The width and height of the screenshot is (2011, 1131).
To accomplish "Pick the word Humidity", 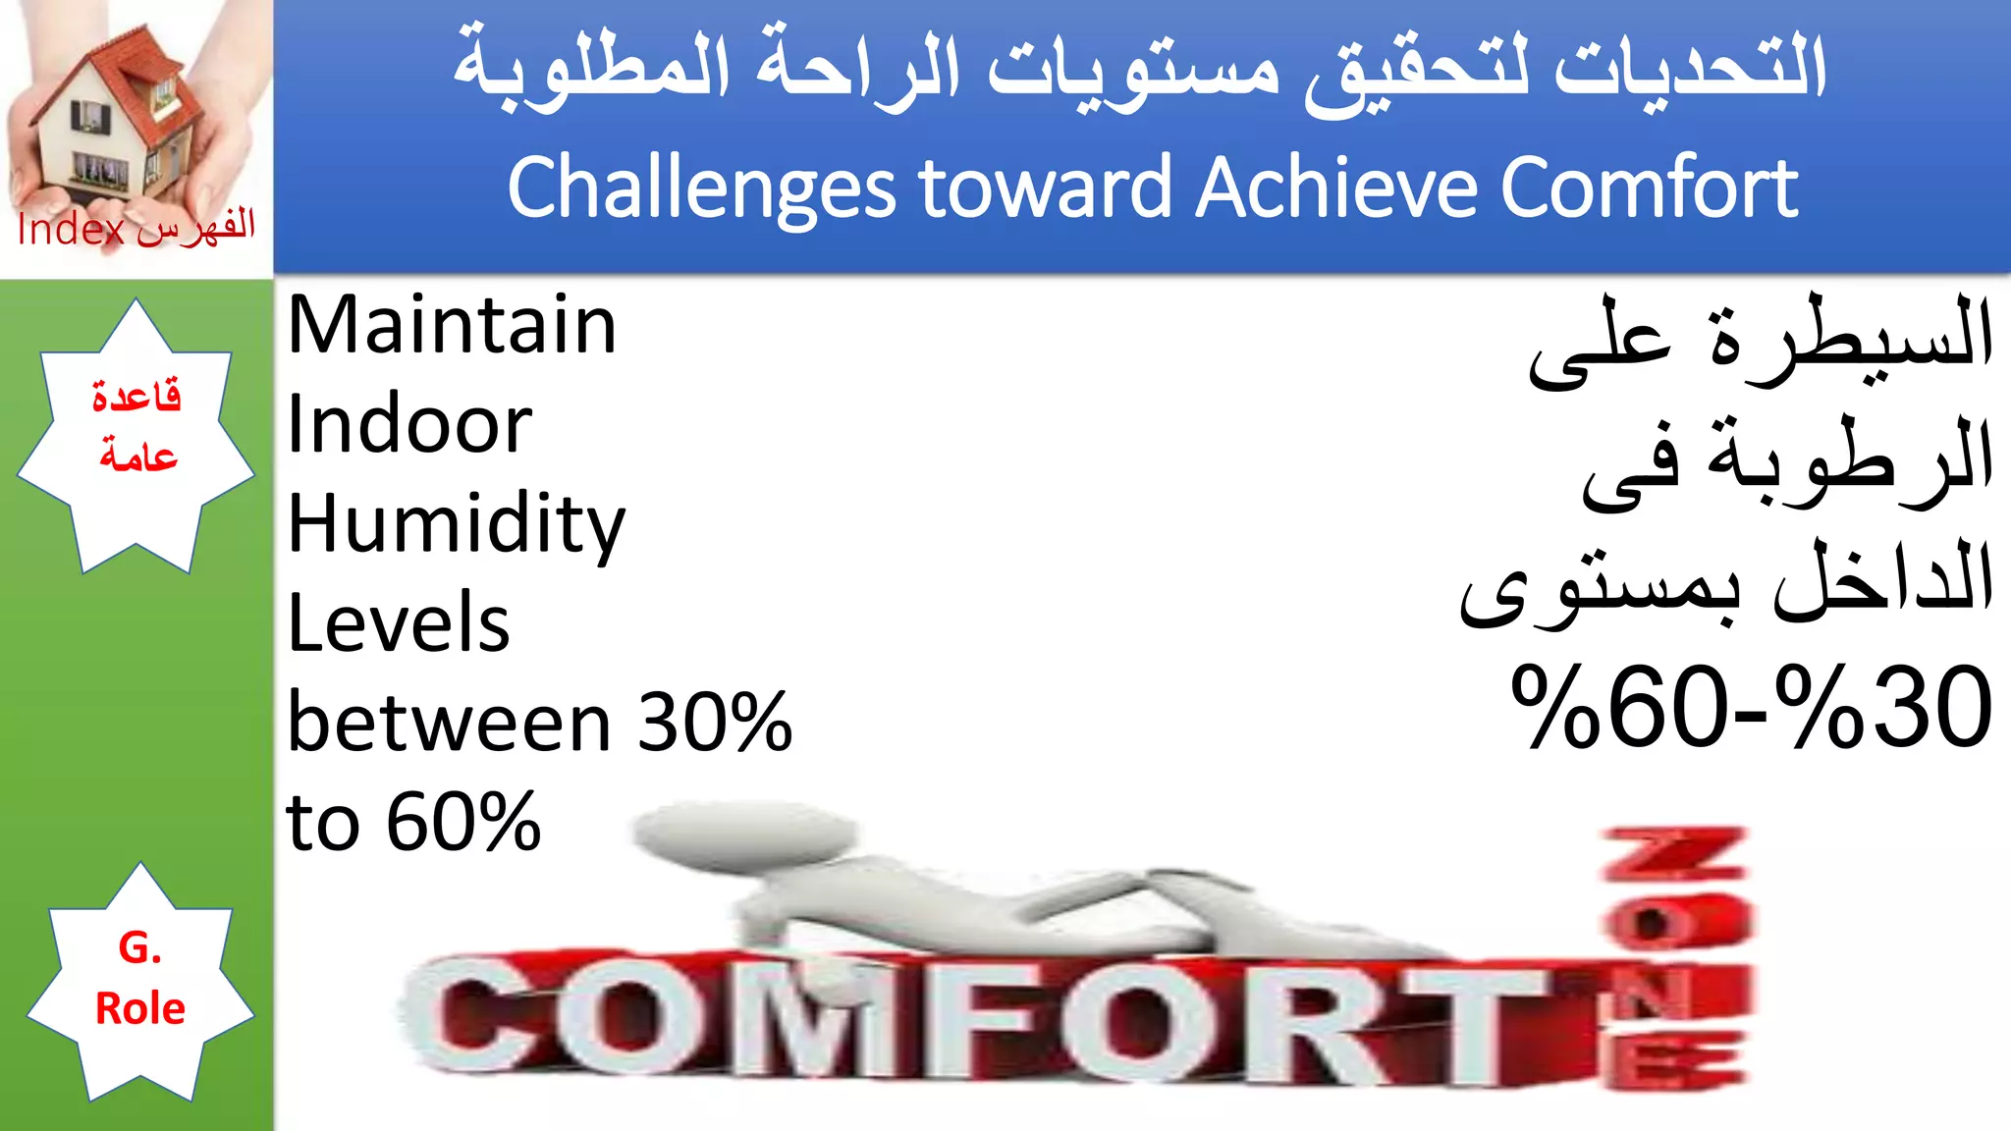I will coord(456,525).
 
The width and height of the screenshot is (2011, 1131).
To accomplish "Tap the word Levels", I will coord(399,623).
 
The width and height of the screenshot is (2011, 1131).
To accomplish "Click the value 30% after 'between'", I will coord(715,723).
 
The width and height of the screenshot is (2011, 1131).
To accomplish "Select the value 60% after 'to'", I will coord(463,822).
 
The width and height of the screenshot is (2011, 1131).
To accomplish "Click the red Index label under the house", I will coord(71,231).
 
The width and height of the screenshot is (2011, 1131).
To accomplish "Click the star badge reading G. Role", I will coord(139,980).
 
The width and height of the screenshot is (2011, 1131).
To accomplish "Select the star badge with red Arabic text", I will coord(136,432).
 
